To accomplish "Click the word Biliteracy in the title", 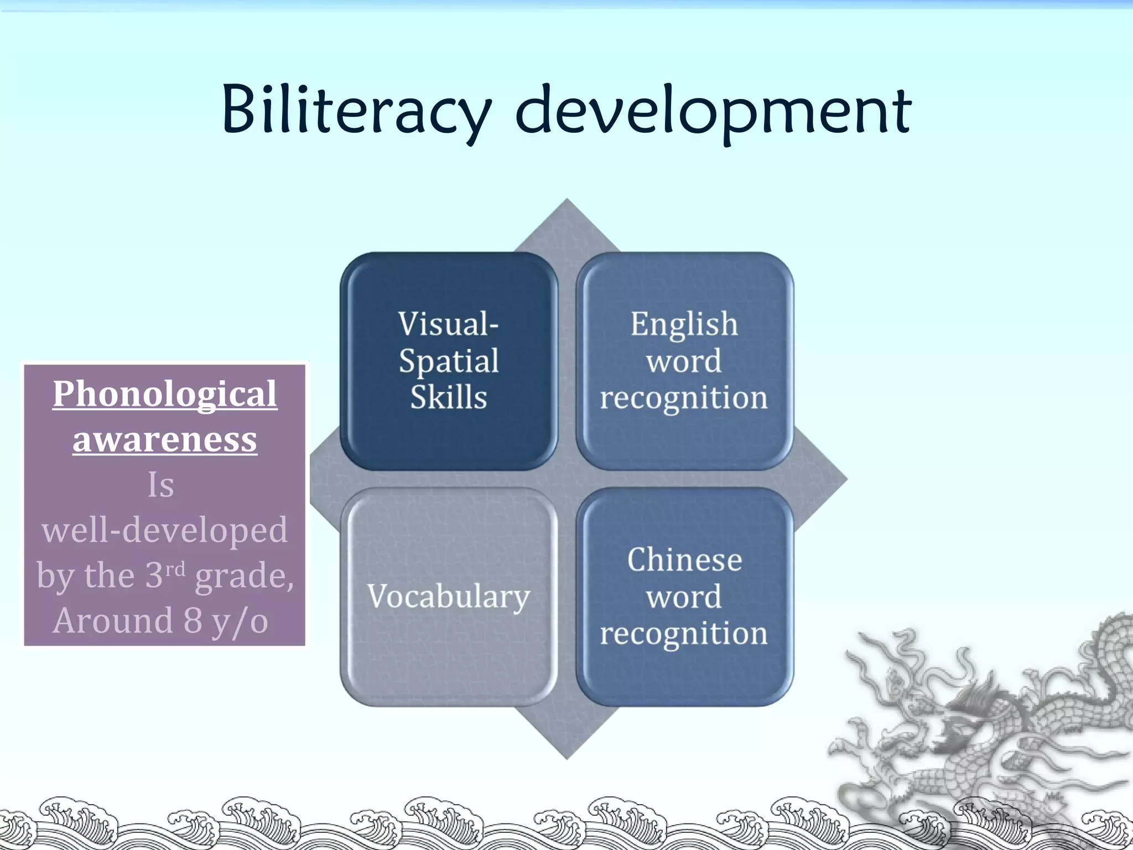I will (356, 111).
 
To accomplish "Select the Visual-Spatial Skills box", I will (449, 361).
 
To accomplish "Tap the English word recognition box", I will (684, 361).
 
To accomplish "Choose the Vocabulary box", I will (449, 597).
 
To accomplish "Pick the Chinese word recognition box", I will (684, 597).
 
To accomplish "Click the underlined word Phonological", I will (165, 395).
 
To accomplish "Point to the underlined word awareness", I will (165, 440).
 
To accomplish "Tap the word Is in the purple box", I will (161, 485).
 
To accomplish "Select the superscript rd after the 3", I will (175, 569).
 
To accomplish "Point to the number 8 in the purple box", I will (193, 621).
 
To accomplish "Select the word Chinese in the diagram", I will (684, 559).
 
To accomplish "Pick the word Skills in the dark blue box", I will (449, 397).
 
